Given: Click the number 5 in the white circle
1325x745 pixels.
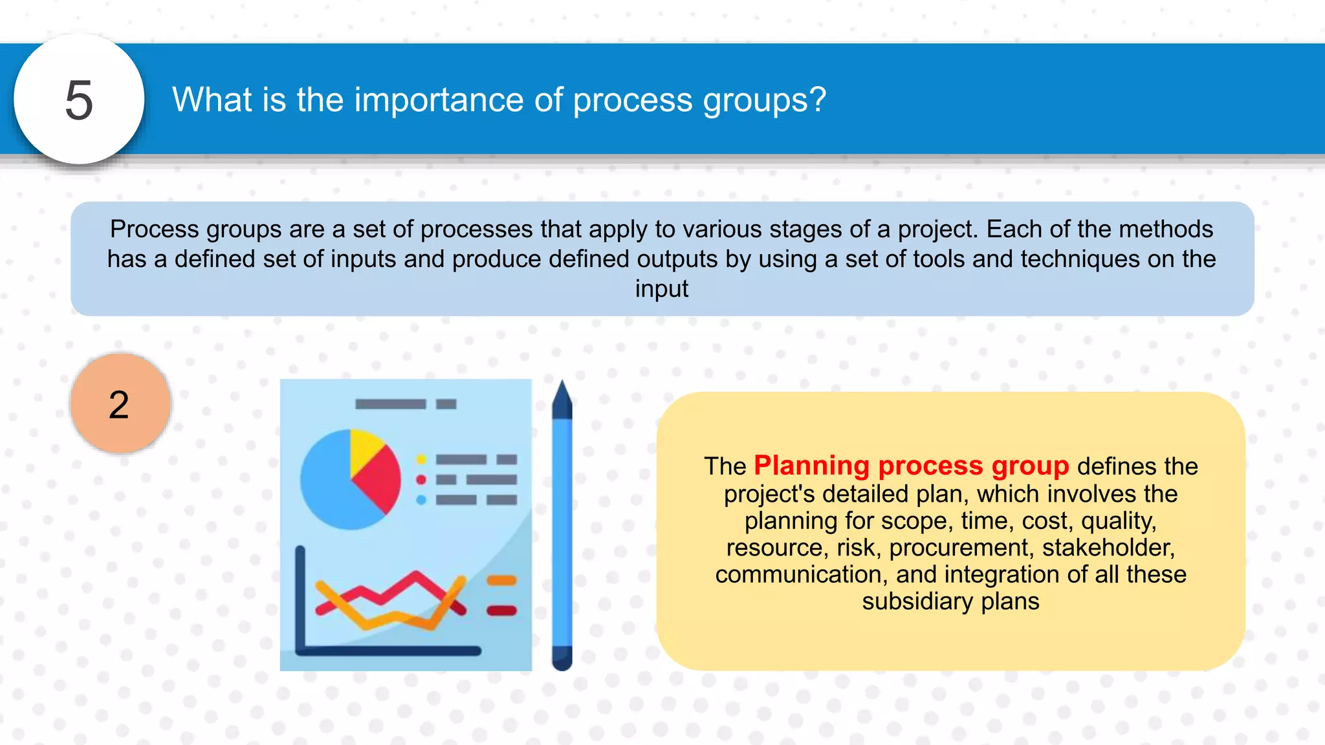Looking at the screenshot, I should [79, 100].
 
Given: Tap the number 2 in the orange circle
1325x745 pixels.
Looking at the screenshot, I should [119, 405].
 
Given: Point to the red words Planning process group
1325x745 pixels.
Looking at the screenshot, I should [911, 466].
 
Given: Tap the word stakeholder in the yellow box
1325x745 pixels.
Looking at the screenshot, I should [1108, 548].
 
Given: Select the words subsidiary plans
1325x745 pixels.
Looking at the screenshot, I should [950, 601].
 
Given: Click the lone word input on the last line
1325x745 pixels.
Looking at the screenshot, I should [661, 288].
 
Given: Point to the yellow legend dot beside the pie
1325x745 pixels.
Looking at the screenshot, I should [421, 460].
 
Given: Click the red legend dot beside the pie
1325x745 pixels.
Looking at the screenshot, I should [421, 480].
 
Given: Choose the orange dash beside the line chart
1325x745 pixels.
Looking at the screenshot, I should [501, 580].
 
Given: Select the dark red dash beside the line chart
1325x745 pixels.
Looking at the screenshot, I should [501, 610].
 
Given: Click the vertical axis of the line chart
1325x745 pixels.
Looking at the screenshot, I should [300, 598].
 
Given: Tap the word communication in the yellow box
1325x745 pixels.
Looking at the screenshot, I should [801, 574].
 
